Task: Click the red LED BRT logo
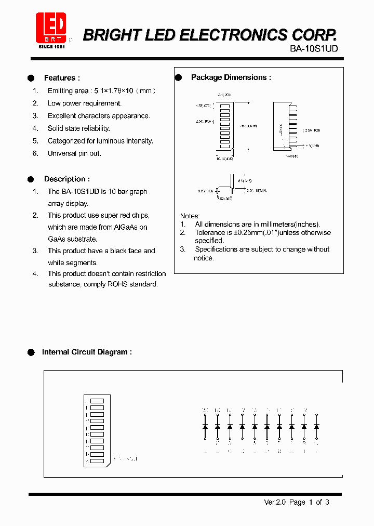pyautogui.click(x=51, y=28)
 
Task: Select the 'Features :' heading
pyautogui.click(x=62, y=78)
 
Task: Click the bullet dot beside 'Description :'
pyautogui.click(x=31, y=179)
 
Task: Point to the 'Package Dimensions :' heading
pyautogui.click(x=231, y=77)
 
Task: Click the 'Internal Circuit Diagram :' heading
pyautogui.click(x=87, y=352)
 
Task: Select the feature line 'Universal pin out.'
pyautogui.click(x=74, y=153)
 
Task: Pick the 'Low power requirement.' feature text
pyautogui.click(x=84, y=103)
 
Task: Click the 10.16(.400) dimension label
pyautogui.click(x=224, y=159)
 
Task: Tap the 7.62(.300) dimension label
pyautogui.click(x=225, y=198)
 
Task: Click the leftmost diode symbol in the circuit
pyautogui.click(x=205, y=426)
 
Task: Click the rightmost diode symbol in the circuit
pyautogui.click(x=316, y=426)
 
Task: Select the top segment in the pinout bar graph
pyautogui.click(x=97, y=401)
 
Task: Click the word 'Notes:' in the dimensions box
pyautogui.click(x=190, y=216)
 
